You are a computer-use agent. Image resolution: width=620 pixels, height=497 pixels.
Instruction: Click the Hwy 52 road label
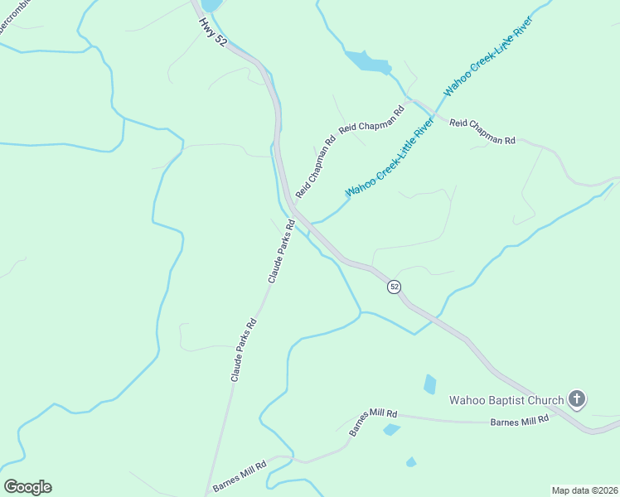click(212, 30)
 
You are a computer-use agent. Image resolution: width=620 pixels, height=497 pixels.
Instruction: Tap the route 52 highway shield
click(395, 286)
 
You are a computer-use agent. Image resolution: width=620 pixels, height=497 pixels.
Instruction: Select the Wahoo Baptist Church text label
click(506, 401)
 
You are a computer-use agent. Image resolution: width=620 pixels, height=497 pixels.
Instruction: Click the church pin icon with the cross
click(577, 400)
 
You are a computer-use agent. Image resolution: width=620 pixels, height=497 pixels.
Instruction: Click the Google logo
click(27, 487)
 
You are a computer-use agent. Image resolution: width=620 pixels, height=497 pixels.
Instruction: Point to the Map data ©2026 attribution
click(585, 490)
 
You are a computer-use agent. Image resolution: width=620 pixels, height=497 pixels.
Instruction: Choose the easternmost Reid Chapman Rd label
click(482, 132)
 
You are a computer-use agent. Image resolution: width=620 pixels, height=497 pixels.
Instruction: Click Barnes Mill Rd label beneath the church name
click(520, 421)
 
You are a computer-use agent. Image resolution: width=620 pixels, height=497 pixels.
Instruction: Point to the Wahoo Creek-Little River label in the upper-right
click(487, 55)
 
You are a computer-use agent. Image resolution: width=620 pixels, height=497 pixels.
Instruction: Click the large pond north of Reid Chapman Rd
click(366, 61)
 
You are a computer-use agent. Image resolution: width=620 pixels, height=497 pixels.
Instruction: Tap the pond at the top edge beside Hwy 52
click(211, 5)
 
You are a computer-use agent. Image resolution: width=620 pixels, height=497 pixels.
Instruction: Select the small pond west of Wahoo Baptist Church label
click(429, 384)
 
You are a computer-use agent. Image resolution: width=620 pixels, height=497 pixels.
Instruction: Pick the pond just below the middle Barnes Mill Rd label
click(391, 429)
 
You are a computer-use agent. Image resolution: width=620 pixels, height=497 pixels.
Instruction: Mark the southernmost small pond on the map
click(411, 461)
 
